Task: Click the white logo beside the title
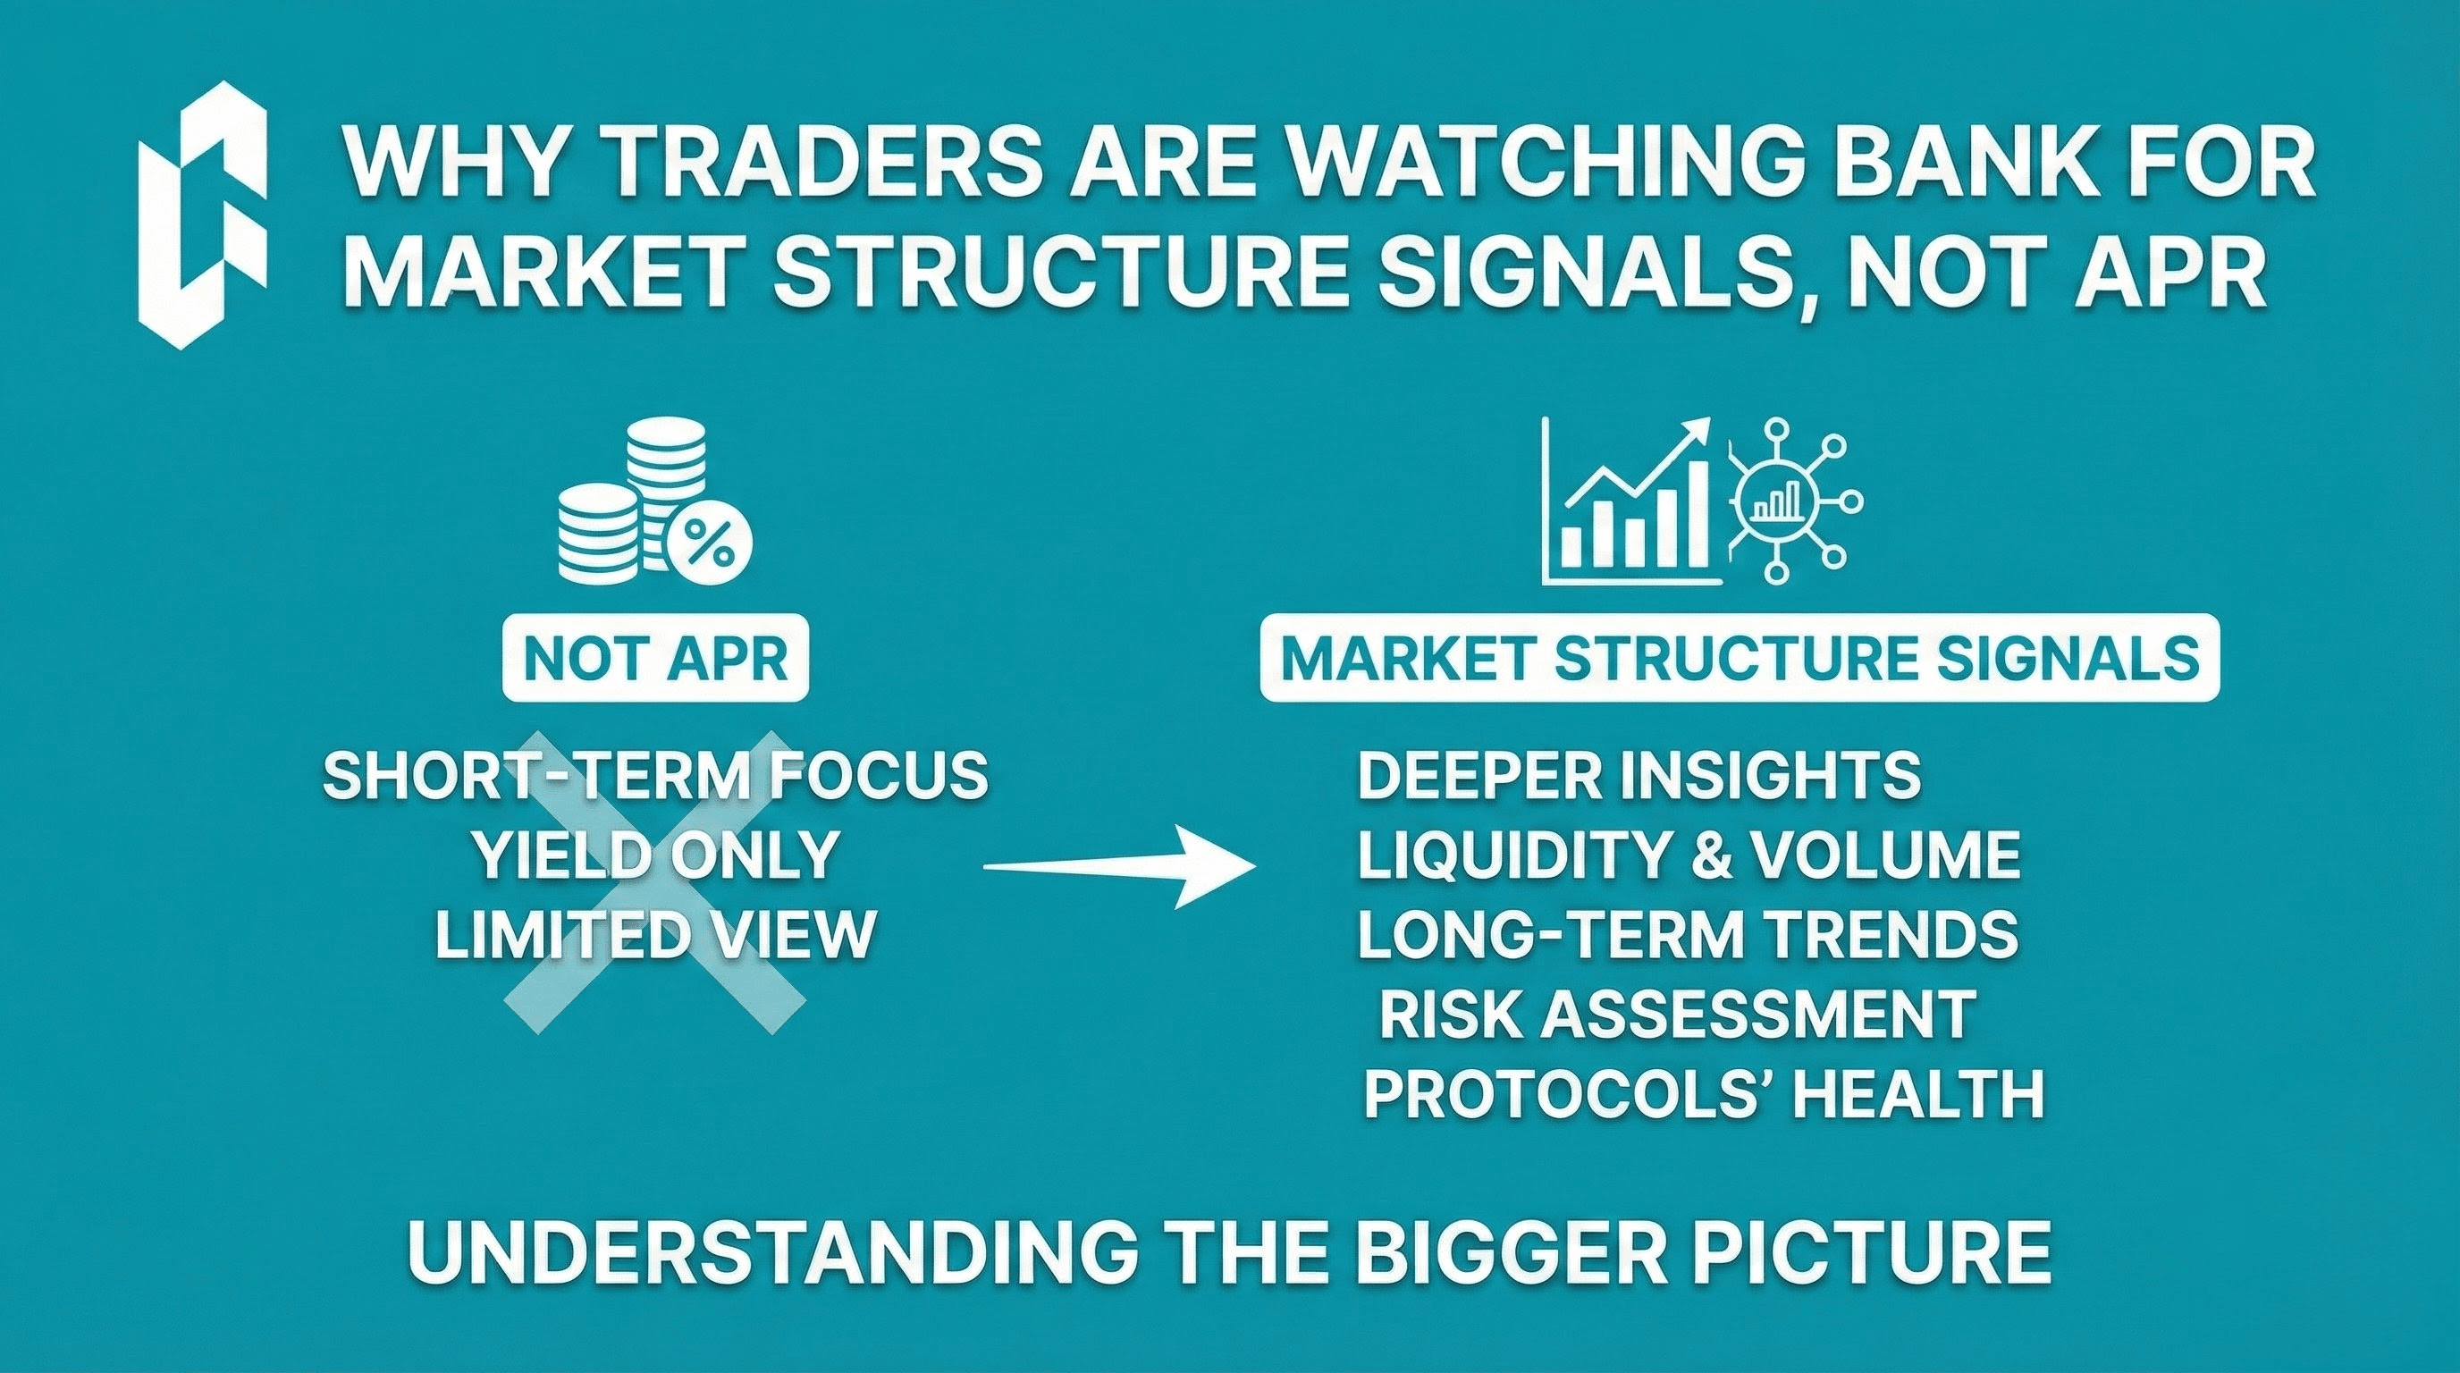point(201,215)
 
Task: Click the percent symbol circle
point(711,545)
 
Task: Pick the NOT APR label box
point(656,660)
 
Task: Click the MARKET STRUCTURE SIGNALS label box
point(1740,660)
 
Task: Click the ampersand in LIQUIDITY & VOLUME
point(1707,855)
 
